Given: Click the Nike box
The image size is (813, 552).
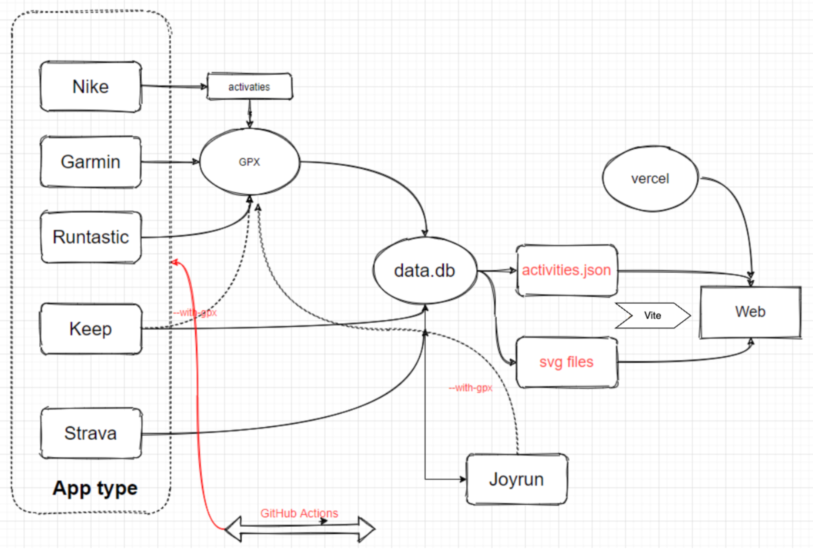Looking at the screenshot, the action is [x=90, y=86].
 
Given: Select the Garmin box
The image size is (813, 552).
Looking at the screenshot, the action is [x=90, y=162].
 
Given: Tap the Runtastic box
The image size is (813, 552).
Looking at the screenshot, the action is [x=90, y=237].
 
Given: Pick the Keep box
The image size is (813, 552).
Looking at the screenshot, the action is [x=90, y=329].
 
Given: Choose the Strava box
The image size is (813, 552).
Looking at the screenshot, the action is [x=90, y=433].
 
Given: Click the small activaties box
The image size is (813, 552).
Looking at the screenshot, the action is [x=249, y=86].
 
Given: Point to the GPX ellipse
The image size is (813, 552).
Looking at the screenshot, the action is [x=249, y=162].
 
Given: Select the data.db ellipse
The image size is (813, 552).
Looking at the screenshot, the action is [x=425, y=270].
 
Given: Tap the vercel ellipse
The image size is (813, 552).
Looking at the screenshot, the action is [x=650, y=179].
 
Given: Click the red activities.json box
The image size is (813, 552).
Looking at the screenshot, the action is [x=567, y=270].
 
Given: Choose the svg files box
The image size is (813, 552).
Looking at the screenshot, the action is [x=567, y=362].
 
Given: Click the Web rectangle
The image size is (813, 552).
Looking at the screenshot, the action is [x=750, y=312].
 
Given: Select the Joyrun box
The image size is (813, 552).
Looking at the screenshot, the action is [x=517, y=479].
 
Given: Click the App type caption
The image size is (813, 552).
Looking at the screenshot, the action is [x=95, y=488].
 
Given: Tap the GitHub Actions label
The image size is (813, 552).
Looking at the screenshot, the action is [x=299, y=513].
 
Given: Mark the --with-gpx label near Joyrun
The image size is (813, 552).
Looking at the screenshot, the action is [x=470, y=388].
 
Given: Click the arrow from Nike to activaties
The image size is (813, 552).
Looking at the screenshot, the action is [x=174, y=86].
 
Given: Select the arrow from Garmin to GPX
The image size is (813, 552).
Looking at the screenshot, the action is [x=170, y=162].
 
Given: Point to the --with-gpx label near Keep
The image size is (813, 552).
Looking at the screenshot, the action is [x=195, y=312].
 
